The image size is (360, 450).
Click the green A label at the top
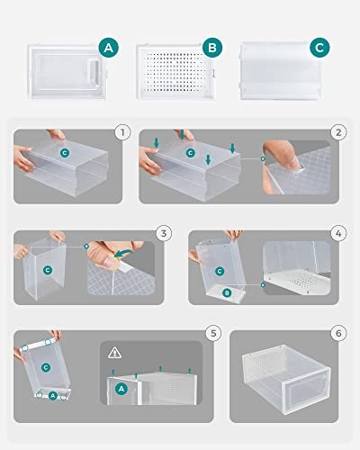[x=109, y=47]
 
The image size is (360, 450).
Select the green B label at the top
[x=212, y=47]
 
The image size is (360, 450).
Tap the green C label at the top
[x=319, y=47]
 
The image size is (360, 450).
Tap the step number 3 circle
[x=163, y=233]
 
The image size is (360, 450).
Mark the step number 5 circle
[x=212, y=333]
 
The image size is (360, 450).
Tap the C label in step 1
[x=64, y=153]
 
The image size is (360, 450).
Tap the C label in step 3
[x=48, y=269]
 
